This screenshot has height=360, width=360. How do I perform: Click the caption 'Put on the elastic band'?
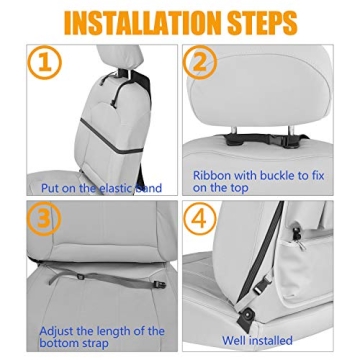(x=101, y=187)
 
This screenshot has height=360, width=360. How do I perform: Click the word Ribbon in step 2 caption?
(x=213, y=172)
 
